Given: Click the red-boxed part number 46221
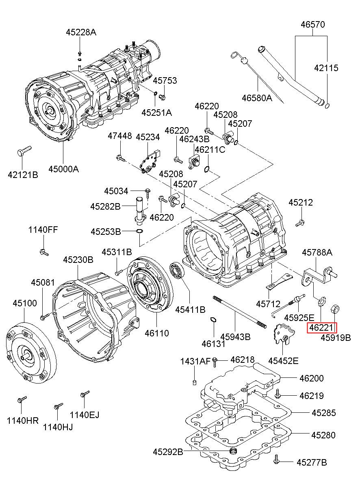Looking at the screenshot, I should click(x=322, y=327).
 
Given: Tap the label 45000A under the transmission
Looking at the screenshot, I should click(x=63, y=169).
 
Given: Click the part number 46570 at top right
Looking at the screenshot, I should click(x=312, y=24).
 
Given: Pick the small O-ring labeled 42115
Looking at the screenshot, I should click(x=327, y=106).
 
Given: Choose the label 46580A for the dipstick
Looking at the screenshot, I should click(x=257, y=98).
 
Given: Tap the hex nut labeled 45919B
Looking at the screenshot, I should click(x=335, y=309).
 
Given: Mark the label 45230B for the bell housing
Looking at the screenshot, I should click(x=78, y=259).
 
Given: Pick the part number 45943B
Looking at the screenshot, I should click(x=235, y=337).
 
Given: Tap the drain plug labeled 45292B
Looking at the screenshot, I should click(x=233, y=451).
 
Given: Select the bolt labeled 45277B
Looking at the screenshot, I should click(x=276, y=459).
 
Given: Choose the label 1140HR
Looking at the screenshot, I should click(x=22, y=420).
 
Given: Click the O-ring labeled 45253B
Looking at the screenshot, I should click(x=139, y=232).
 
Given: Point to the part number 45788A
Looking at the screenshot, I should click(x=317, y=253).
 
